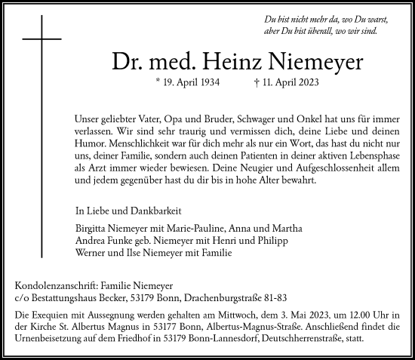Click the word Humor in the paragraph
point(93,142)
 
